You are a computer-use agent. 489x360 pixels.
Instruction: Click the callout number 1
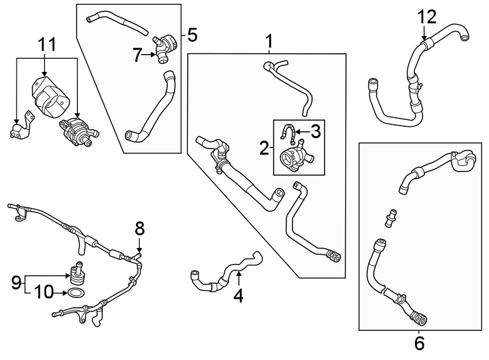[269, 42]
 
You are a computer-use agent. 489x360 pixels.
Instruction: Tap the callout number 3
[315, 131]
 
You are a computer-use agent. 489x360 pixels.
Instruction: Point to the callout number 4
[238, 294]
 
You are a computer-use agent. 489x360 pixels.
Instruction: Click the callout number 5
[193, 35]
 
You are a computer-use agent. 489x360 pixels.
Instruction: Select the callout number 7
[137, 56]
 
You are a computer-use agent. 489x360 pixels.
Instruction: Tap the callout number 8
[139, 229]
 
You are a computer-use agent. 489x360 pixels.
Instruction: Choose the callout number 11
[47, 45]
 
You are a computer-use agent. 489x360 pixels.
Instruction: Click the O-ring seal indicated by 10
[77, 293]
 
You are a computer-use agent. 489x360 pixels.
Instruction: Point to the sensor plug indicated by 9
[77, 273]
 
